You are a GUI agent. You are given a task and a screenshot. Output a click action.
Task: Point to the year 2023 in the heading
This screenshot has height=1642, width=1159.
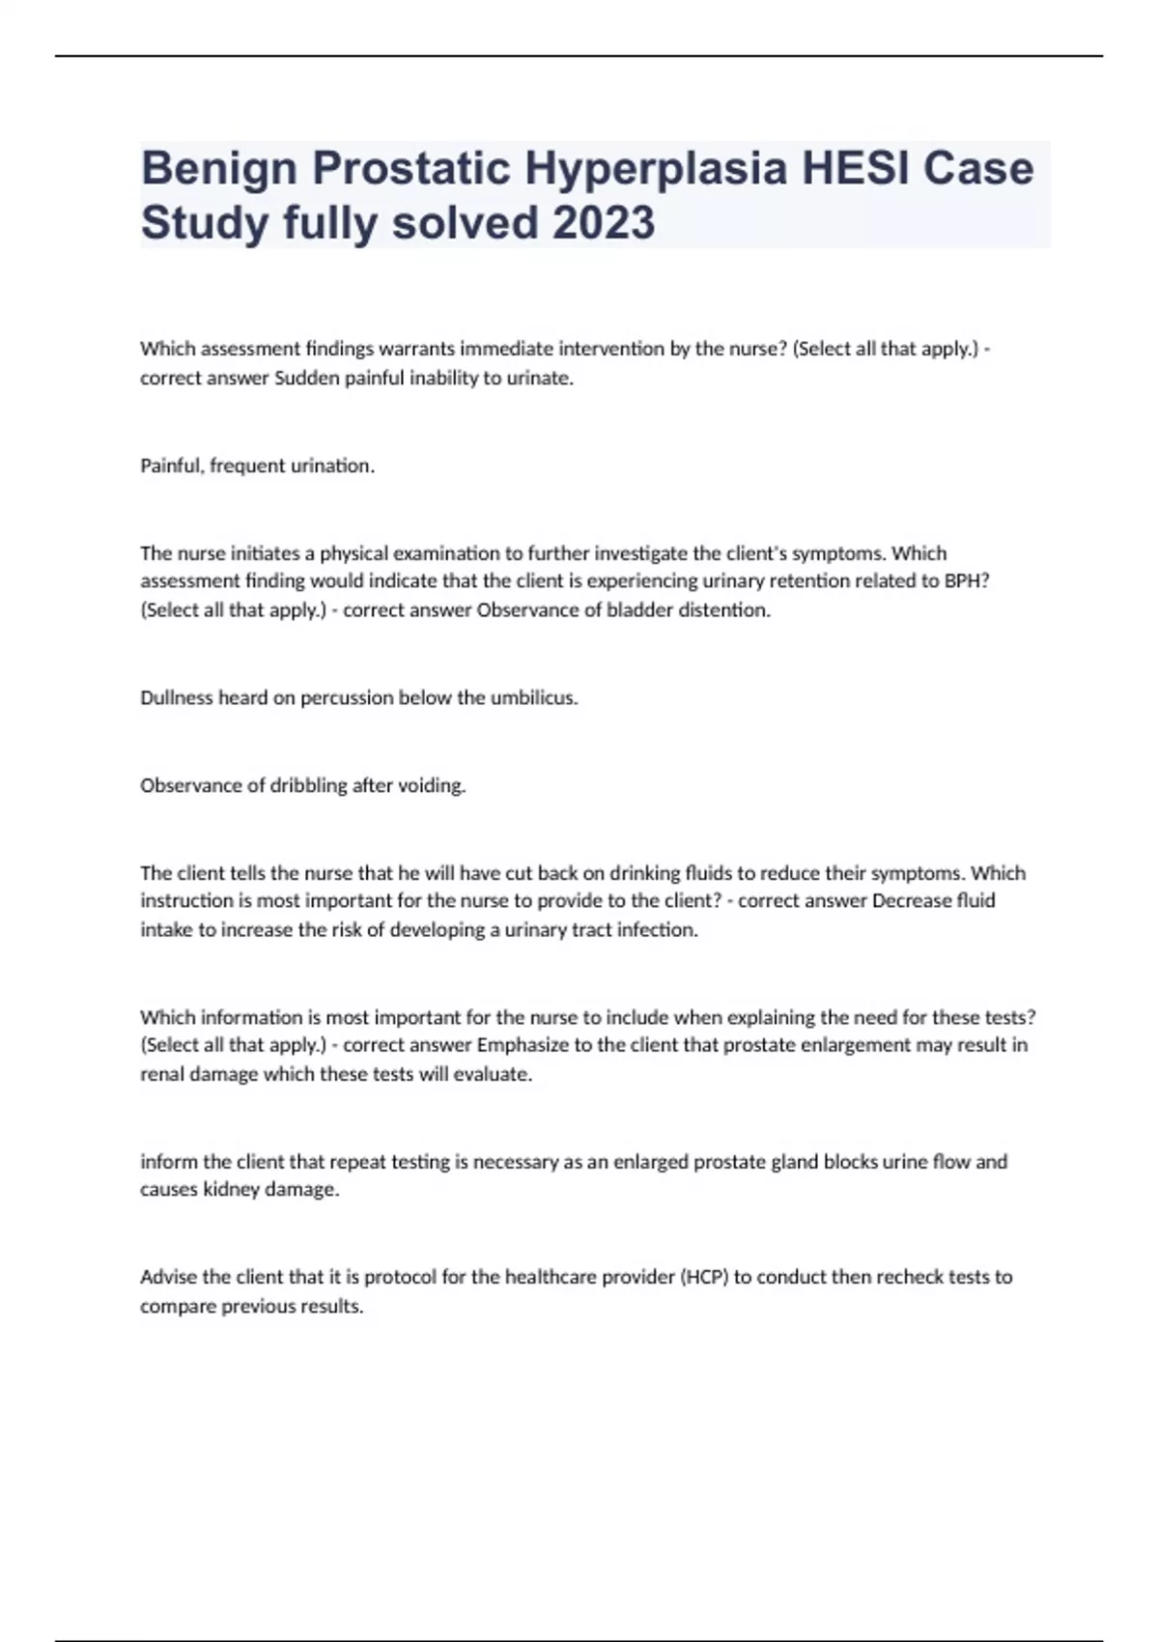coord(603,223)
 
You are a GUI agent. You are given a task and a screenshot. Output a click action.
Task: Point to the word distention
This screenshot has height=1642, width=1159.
coord(721,610)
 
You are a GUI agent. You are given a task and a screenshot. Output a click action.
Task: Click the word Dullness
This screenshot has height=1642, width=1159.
coord(177,697)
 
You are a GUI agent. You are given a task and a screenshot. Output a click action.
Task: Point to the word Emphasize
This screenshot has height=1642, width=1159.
coord(522,1045)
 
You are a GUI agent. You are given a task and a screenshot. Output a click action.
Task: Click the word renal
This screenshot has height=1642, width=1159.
coord(160,1074)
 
